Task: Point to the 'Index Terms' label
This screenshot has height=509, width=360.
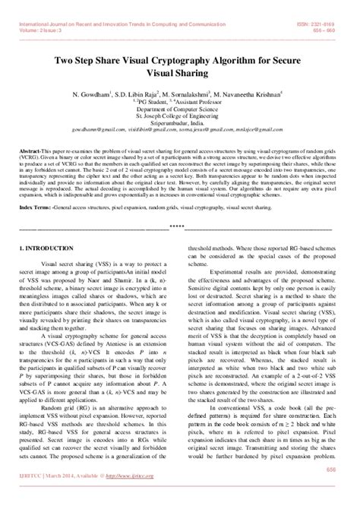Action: click(36, 185)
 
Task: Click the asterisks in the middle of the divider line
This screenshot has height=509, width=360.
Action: click(179, 205)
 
